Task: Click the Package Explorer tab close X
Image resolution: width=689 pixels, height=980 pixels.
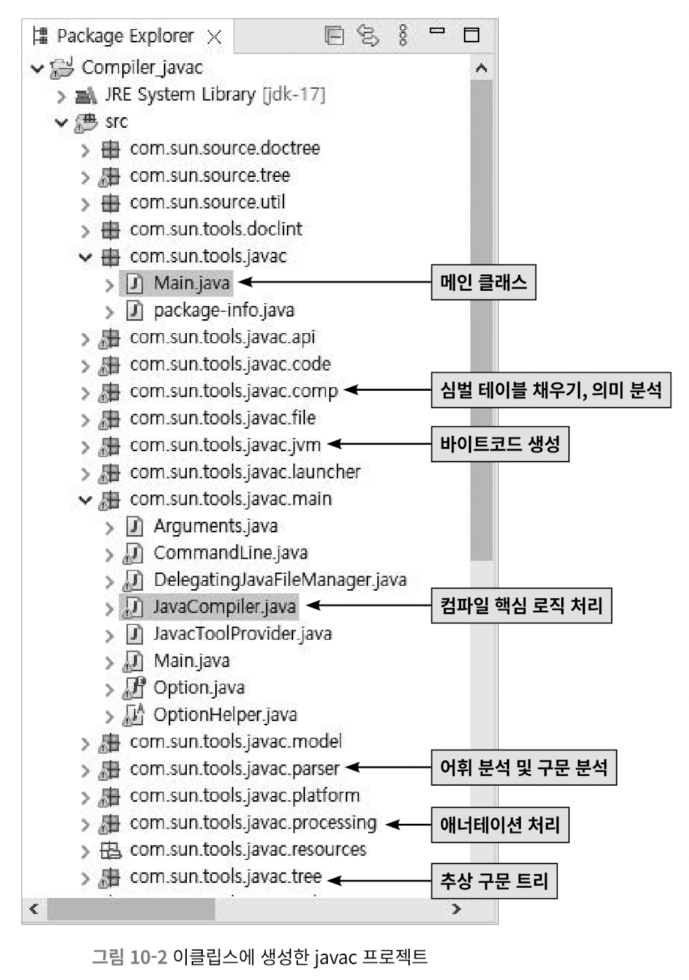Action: pyautogui.click(x=215, y=37)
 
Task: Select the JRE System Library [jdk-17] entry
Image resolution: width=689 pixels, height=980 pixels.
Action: pyautogui.click(x=215, y=94)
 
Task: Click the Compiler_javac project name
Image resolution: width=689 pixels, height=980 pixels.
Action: pyautogui.click(x=142, y=67)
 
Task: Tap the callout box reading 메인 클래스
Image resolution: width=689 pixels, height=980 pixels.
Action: pyautogui.click(x=483, y=282)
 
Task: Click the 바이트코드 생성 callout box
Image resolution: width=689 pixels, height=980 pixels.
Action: pyautogui.click(x=499, y=444)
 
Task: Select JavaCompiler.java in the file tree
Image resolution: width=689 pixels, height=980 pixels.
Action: pyautogui.click(x=224, y=607)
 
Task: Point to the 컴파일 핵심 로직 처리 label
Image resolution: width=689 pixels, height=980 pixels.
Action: pyautogui.click(x=521, y=606)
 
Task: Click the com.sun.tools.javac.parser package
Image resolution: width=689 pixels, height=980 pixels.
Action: pyautogui.click(x=234, y=768)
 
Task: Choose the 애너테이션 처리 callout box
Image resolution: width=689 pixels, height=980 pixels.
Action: pyautogui.click(x=499, y=825)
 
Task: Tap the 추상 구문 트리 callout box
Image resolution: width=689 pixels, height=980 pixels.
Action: pyautogui.click(x=494, y=881)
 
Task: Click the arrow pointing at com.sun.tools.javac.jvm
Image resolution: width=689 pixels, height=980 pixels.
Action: pyautogui.click(x=379, y=444)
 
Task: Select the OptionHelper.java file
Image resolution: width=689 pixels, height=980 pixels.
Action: pyautogui.click(x=224, y=714)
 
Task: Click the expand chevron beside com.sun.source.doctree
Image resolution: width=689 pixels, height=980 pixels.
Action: pyautogui.click(x=85, y=149)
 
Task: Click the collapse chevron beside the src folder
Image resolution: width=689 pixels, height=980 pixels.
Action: pyautogui.click(x=61, y=123)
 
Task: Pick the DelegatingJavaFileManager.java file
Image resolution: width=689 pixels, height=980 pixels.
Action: pyautogui.click(x=279, y=580)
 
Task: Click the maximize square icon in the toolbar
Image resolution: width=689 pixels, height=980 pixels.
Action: pyautogui.click(x=472, y=35)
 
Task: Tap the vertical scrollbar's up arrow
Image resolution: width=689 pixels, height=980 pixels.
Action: pyautogui.click(x=481, y=68)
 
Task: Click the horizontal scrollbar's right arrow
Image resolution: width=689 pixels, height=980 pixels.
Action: pyautogui.click(x=456, y=908)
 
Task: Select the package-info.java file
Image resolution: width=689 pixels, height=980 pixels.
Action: pyautogui.click(x=224, y=310)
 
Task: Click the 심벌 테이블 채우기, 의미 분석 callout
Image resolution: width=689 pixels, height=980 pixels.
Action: pyautogui.click(x=551, y=389)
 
